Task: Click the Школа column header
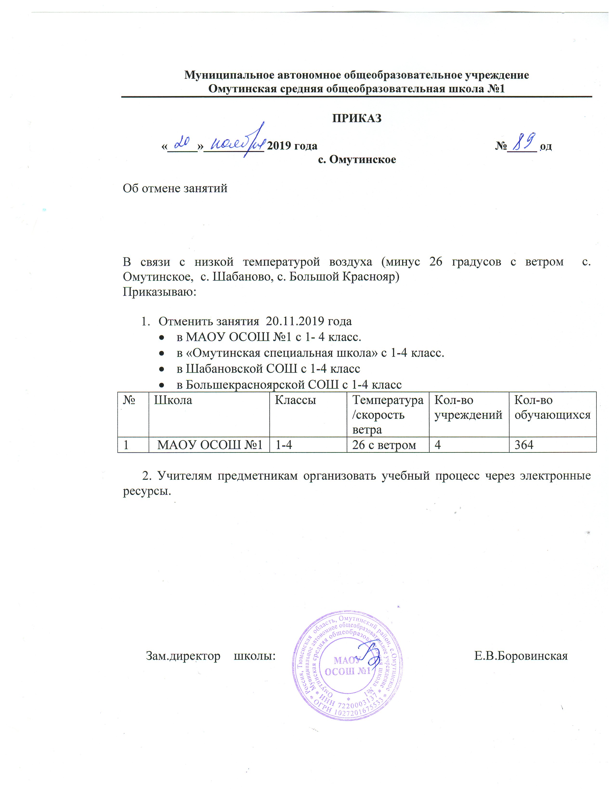173,400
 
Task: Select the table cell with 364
524,445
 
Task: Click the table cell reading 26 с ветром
384,445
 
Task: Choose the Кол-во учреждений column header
469,408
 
